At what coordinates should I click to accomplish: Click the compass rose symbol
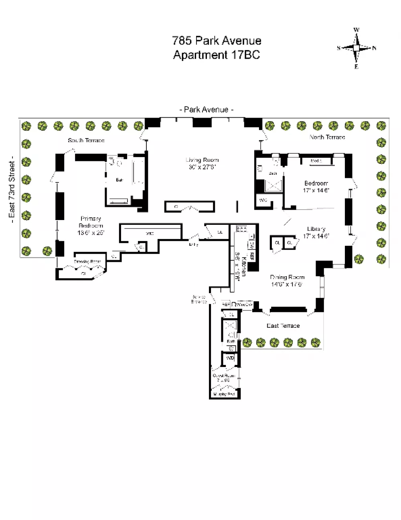pos(356,48)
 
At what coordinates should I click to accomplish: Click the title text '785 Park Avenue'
pos(217,41)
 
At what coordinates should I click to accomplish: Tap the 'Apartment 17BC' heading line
pos(217,55)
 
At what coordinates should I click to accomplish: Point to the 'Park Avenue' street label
pos(206,110)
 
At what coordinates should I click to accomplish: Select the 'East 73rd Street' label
pos(12,190)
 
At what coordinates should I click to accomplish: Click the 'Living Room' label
pos(202,160)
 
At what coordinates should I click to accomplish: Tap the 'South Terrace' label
pos(86,140)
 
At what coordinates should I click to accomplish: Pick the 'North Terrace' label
pos(327,137)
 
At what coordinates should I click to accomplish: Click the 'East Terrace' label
pos(283,326)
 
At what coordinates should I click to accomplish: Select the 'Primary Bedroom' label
pos(91,222)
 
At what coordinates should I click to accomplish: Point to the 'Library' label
pos(316,229)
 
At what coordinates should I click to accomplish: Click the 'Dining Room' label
pos(287,277)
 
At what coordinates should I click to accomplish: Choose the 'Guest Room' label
pos(223,376)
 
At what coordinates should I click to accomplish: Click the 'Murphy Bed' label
pos(224,394)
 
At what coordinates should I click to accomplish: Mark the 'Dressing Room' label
pos(87,262)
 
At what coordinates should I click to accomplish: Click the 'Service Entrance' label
pos(199,299)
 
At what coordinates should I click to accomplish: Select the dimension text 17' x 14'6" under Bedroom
pos(316,190)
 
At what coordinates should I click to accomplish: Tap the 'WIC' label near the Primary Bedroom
pos(150,233)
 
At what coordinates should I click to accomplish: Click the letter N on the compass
pos(374,48)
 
